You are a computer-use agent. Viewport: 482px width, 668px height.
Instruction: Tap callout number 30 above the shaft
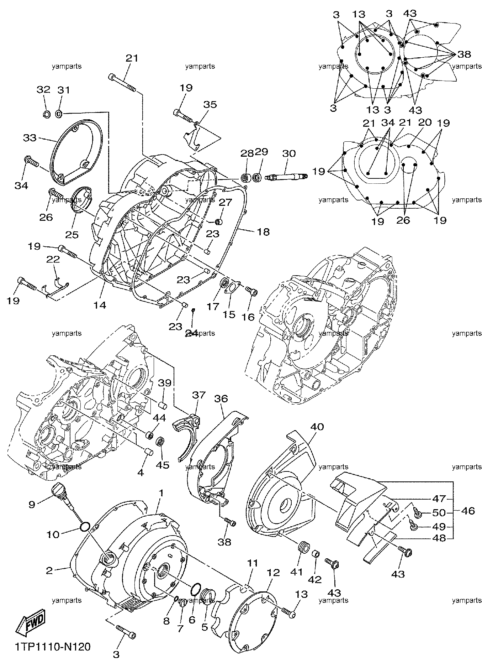coord(288,154)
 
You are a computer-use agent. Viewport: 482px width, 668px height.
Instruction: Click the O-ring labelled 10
coord(85,527)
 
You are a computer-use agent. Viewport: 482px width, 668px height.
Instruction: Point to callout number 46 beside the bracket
coord(468,511)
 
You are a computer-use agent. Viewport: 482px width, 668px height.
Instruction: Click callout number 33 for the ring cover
coord(30,137)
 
